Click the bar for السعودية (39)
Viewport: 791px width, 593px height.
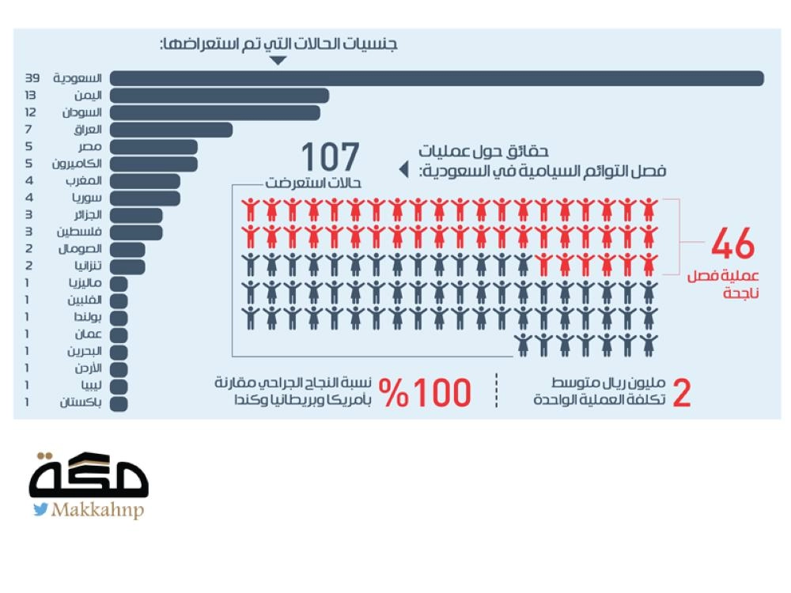[x=436, y=78]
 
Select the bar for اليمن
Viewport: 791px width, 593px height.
[x=219, y=96]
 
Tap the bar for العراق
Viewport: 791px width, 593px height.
[x=171, y=130]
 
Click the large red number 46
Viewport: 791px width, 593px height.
[x=732, y=246]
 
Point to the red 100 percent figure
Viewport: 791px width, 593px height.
[x=425, y=392]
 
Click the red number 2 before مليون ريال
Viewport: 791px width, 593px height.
[x=681, y=393]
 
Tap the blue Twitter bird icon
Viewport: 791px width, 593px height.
[x=40, y=510]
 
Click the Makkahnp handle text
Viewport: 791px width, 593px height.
[x=97, y=511]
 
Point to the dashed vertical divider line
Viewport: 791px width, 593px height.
[x=498, y=391]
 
